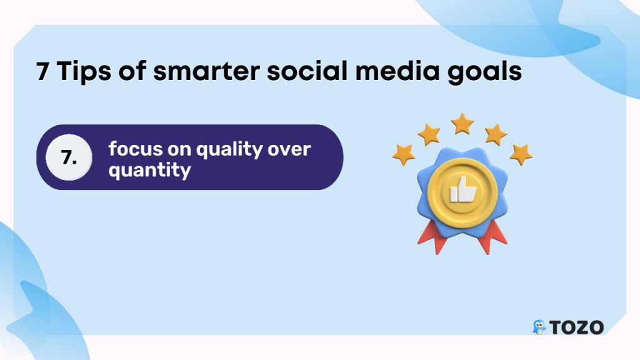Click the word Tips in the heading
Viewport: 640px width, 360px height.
point(84,71)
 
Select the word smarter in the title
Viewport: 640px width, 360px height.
point(206,71)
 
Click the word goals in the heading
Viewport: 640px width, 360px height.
point(485,72)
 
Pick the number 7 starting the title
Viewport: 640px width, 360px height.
point(42,71)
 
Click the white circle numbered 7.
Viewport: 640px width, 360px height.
point(69,157)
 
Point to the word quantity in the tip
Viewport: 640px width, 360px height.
point(150,171)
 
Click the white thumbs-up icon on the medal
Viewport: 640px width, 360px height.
point(463,190)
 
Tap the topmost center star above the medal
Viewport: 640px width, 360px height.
point(462,124)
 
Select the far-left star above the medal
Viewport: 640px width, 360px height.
point(404,154)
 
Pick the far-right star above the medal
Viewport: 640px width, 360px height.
point(521,154)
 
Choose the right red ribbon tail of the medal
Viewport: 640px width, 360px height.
point(492,237)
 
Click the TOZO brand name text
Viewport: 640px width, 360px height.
point(576,327)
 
